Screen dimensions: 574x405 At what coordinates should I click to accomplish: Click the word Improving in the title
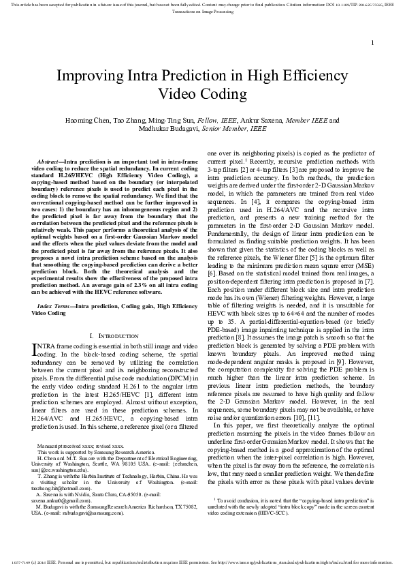tap(88, 76)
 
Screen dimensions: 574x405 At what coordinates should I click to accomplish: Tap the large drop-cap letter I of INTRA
tap(36, 349)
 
